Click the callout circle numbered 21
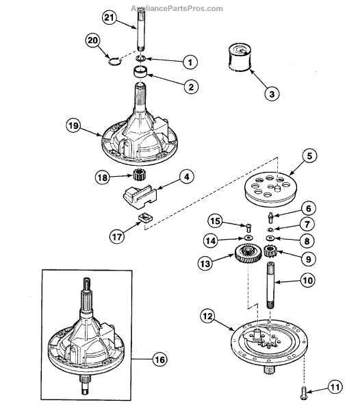[109, 18]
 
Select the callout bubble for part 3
[272, 94]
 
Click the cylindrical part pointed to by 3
[240, 58]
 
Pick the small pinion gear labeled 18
[140, 175]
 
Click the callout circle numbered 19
[73, 126]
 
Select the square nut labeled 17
[145, 218]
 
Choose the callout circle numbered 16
[160, 360]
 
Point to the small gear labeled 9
[270, 251]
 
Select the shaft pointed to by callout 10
[271, 285]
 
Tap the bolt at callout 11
[304, 395]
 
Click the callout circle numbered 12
[207, 316]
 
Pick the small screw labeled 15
[248, 227]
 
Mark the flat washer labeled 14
[248, 238]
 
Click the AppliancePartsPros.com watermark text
[177, 9]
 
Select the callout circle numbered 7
[307, 224]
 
